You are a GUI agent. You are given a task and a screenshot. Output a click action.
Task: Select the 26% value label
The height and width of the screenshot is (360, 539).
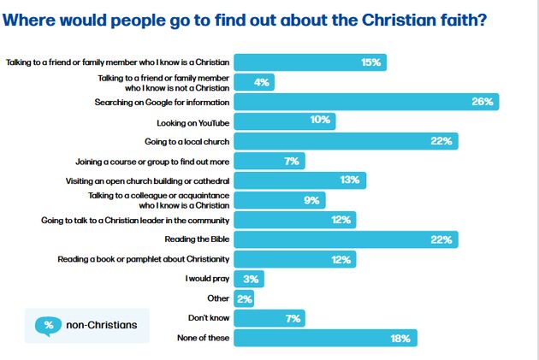pos(483,102)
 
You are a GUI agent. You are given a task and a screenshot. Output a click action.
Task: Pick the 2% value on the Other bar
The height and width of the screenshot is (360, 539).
pos(244,298)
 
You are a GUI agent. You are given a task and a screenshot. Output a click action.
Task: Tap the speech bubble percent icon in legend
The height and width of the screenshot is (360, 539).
pos(49,325)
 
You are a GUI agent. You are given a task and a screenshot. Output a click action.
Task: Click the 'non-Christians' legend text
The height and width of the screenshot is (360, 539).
pos(101,325)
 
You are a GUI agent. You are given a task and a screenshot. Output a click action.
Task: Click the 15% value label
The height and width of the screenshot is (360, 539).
pos(370,62)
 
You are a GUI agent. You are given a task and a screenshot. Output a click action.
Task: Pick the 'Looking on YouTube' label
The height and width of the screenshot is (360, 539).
pos(193,121)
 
